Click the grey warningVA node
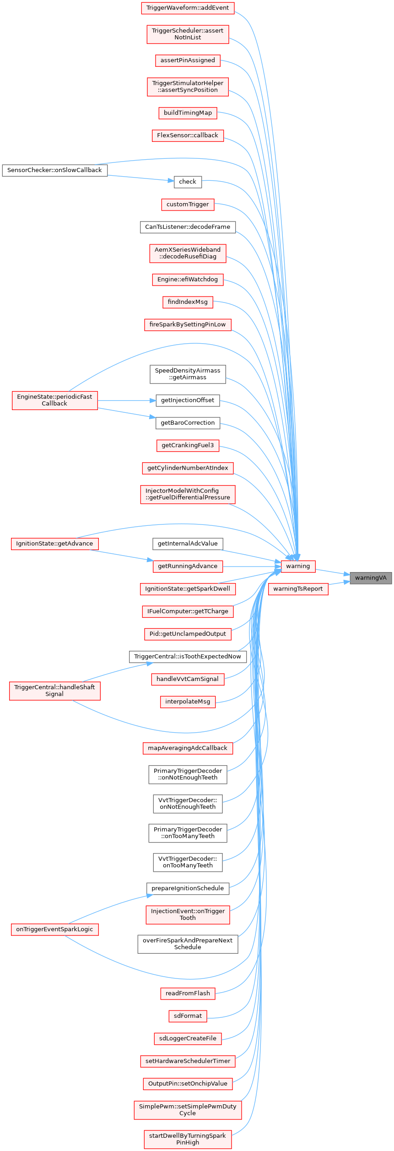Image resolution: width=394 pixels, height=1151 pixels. pos(371,578)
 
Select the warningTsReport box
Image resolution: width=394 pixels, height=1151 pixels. pos(298,589)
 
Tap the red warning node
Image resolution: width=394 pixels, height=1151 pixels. pos(298,566)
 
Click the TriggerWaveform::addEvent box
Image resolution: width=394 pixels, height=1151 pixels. pos(188,8)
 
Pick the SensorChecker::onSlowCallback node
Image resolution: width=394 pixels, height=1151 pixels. pos(54,170)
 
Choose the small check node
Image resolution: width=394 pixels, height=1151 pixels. pos(188,182)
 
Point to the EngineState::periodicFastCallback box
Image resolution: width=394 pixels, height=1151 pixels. pos(54,400)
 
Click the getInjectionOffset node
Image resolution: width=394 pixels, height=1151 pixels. pos(188,400)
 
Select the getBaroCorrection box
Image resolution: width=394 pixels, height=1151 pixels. pos(188,423)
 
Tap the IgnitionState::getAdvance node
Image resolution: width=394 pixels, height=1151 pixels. pos(54,544)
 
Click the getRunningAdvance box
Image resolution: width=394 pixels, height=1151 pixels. pos(188,566)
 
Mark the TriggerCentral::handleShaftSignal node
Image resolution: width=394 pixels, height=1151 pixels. pos(54,691)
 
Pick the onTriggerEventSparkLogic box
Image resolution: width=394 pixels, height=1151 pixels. pos(54,929)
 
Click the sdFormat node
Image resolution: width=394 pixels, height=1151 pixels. pos(188,1016)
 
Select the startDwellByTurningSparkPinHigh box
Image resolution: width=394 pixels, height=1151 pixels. pos(188,1139)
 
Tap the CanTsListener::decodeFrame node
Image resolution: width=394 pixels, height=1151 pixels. pos(188,227)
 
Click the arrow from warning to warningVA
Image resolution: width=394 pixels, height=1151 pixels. pos(332,572)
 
